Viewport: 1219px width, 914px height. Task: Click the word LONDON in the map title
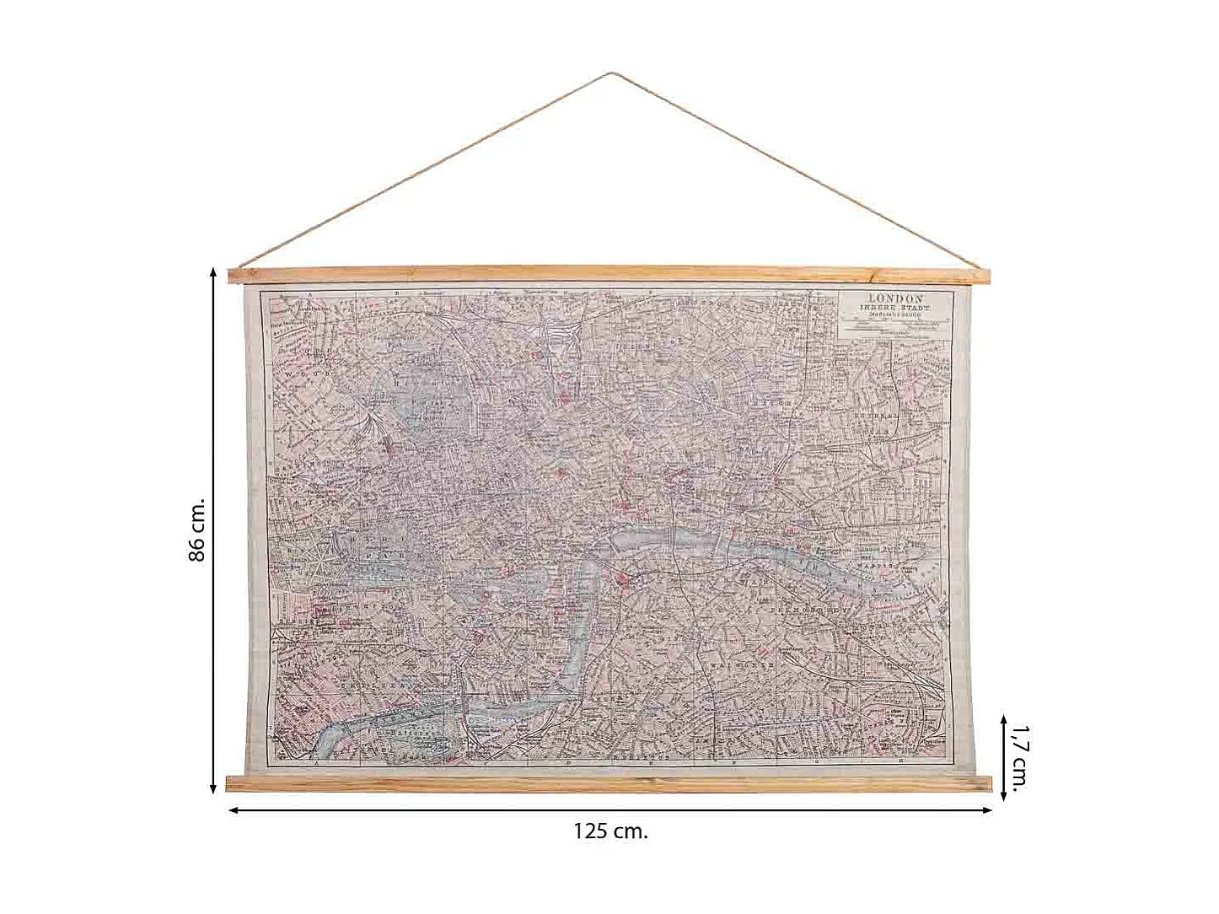point(896,299)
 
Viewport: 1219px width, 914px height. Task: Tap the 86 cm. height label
point(196,530)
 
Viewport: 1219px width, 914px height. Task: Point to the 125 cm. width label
point(610,831)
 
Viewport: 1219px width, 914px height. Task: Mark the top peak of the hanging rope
point(609,74)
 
